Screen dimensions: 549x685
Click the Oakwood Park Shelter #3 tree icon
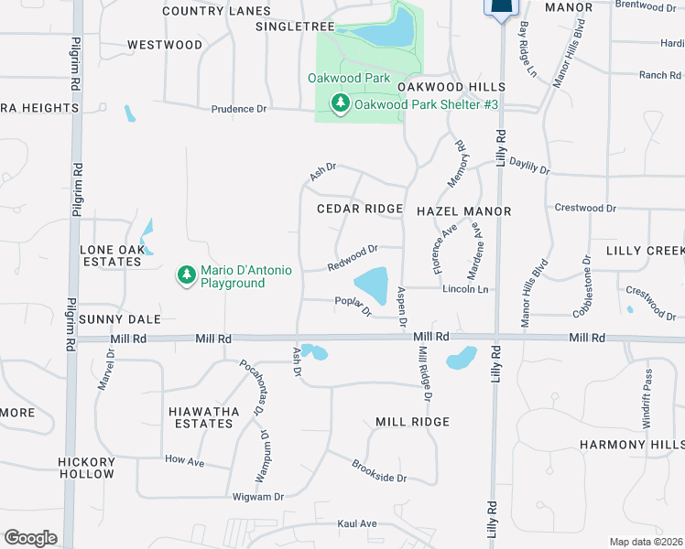point(341,104)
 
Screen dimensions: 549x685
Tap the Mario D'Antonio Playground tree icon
point(187,275)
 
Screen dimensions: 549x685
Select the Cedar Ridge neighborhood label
point(360,210)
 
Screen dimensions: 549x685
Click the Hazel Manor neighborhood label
point(463,211)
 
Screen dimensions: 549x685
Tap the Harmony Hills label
point(631,445)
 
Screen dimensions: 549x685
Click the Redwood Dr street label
point(353,258)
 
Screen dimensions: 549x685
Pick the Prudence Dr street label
point(238,109)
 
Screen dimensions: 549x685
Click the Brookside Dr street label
point(378,471)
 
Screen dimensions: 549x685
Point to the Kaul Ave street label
point(357,523)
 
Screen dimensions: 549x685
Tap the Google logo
point(30,538)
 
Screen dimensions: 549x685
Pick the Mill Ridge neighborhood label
point(412,422)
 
